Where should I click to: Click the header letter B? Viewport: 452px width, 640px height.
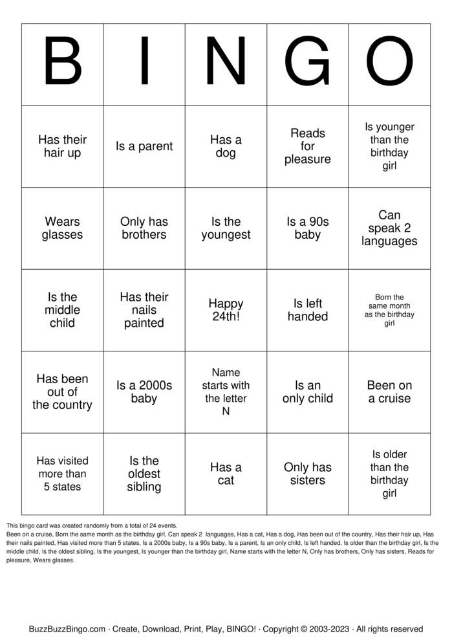62,64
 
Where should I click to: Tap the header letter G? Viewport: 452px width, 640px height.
308,64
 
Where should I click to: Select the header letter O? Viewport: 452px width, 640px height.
389,64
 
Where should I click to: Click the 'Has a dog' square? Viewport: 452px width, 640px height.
226,146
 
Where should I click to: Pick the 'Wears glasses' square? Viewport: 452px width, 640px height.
62,228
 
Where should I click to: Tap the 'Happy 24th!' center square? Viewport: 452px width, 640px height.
226,310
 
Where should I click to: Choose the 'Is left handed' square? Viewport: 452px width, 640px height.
308,310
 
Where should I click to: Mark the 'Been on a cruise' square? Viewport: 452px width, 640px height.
389,392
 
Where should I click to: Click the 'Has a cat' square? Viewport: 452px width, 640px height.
226,474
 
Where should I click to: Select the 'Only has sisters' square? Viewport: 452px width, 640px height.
308,474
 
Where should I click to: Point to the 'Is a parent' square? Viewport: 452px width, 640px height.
144,146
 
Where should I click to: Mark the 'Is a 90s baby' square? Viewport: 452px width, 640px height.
308,228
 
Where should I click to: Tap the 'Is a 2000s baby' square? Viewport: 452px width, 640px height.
144,392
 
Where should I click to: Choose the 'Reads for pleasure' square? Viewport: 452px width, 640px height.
308,146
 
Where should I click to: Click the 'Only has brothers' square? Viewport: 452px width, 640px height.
144,228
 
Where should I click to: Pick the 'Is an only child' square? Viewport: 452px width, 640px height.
308,392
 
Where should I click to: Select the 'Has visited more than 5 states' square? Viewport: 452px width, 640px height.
62,474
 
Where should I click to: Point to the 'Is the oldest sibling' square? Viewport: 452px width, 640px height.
144,474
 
